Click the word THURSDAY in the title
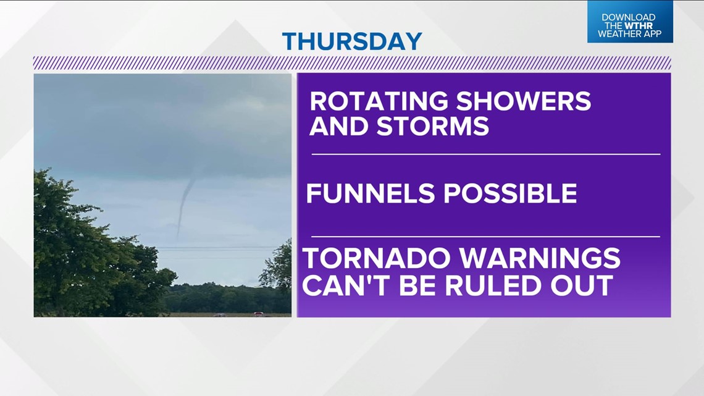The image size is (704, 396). (x=352, y=41)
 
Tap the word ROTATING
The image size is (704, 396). (x=379, y=101)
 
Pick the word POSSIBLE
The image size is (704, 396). (x=509, y=194)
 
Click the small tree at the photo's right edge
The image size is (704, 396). (x=278, y=269)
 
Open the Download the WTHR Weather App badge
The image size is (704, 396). (x=629, y=22)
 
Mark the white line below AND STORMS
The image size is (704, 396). (x=485, y=154)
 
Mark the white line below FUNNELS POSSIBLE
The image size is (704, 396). (x=485, y=236)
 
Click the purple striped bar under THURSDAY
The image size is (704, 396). (x=352, y=62)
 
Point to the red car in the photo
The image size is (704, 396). (x=258, y=314)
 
